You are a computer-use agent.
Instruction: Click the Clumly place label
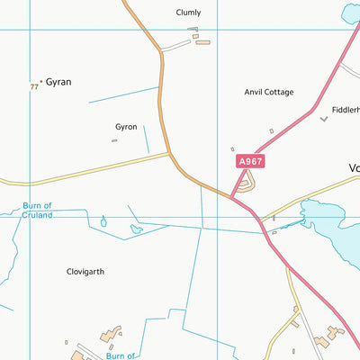pos(189,13)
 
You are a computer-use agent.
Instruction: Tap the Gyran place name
pos(58,82)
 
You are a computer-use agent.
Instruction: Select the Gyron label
pos(126,127)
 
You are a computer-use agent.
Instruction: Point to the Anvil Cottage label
pos(269,92)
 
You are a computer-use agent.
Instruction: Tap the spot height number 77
pos(34,87)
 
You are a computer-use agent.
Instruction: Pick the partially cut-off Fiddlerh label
pos(346,110)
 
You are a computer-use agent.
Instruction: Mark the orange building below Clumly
pos(202,41)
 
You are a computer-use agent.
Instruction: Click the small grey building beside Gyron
pos(114,140)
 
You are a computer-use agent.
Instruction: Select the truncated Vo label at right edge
pos(353,167)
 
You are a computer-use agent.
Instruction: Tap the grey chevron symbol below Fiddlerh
pos(324,119)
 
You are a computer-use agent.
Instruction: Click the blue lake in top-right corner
pos(351,13)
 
